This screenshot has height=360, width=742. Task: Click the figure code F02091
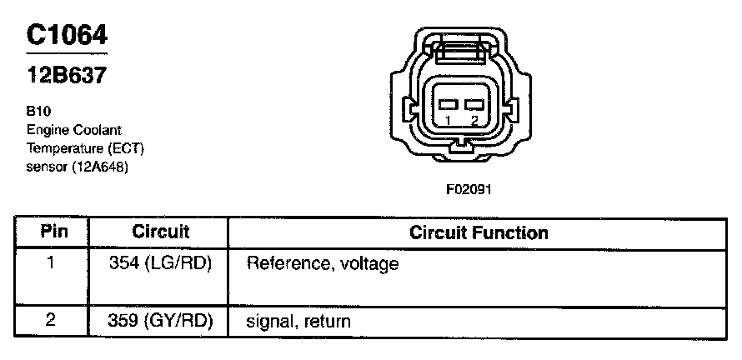tap(469, 188)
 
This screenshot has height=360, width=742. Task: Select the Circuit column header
tap(161, 232)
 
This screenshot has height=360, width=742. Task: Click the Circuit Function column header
tap(479, 232)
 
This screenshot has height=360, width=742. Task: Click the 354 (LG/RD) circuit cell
tap(161, 264)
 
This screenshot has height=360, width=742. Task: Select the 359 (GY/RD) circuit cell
tap(161, 320)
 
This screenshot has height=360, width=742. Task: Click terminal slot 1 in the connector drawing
tap(449, 104)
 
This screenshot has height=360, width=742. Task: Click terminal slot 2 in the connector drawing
tap(474, 104)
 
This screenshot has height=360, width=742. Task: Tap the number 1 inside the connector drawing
tap(449, 121)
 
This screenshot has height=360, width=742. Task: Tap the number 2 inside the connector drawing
tap(474, 121)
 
